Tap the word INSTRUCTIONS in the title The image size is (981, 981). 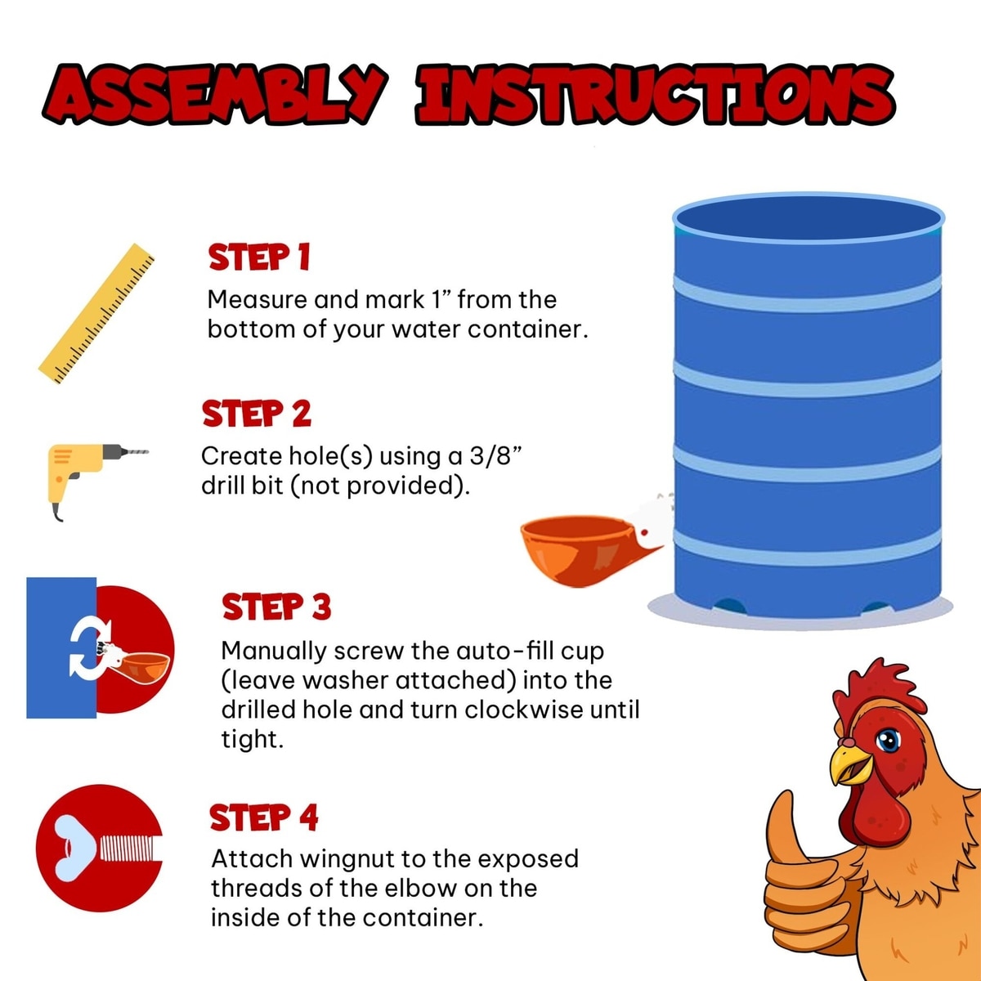click(x=655, y=95)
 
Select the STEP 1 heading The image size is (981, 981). click(x=259, y=257)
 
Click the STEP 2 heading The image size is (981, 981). click(x=257, y=414)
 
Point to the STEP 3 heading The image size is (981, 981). click(x=276, y=607)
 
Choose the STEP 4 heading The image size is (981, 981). click(x=264, y=817)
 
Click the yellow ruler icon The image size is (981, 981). click(x=96, y=314)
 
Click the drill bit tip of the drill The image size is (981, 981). click(x=146, y=451)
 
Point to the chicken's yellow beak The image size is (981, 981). click(x=849, y=766)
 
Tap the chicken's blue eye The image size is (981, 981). click(x=889, y=740)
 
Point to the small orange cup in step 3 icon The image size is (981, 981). click(x=145, y=667)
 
